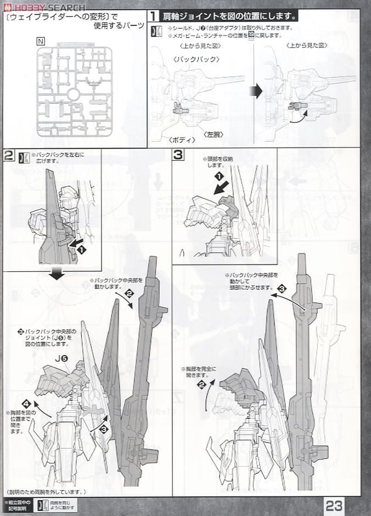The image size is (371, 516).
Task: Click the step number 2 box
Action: pyautogui.click(x=8, y=155)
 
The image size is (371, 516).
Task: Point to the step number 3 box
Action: pyautogui.click(x=178, y=155)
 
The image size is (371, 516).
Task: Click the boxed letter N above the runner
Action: pyautogui.click(x=42, y=40)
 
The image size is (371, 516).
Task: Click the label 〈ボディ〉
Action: pyautogui.click(x=182, y=140)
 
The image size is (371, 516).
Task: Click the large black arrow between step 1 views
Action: pyautogui.click(x=256, y=91)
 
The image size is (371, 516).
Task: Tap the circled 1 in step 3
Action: pyautogui.click(x=219, y=176)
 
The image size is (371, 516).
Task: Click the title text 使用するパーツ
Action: pyautogui.click(x=117, y=26)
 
